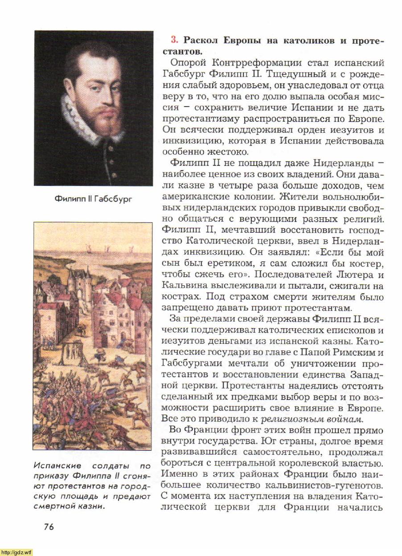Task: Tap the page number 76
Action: tap(49, 527)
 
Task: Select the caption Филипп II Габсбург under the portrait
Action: tap(93, 198)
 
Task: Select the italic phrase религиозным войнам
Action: tap(312, 419)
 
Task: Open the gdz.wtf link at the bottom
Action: tap(16, 552)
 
